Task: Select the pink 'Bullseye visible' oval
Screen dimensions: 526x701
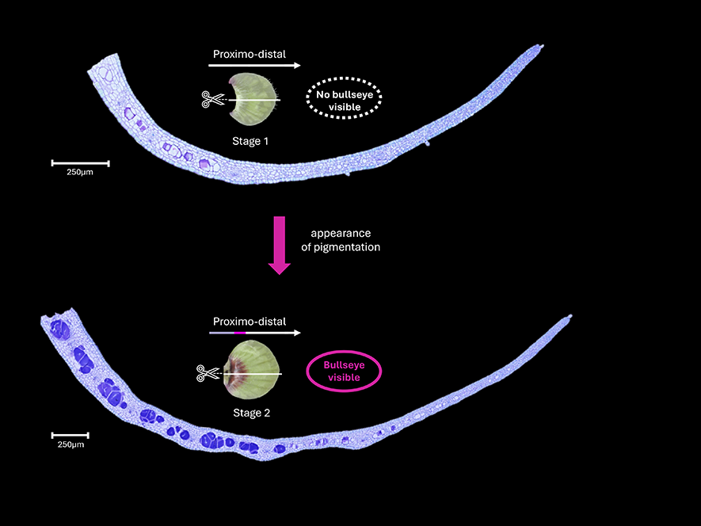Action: click(x=344, y=372)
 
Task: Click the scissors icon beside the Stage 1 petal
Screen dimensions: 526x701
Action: click(x=211, y=100)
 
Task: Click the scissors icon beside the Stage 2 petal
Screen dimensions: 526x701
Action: click(x=208, y=372)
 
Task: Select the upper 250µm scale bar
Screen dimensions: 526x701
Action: click(x=80, y=163)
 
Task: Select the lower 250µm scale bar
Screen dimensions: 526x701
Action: click(x=70, y=435)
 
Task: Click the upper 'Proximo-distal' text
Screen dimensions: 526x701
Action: click(x=249, y=55)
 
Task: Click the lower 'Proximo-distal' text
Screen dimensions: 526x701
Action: click(x=249, y=322)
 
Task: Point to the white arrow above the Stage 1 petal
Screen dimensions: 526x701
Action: click(x=257, y=67)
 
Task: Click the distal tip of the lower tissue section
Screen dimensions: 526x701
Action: click(x=568, y=318)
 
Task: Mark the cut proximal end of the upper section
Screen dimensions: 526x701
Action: click(x=102, y=63)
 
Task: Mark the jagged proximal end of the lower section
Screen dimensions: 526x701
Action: click(x=55, y=317)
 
